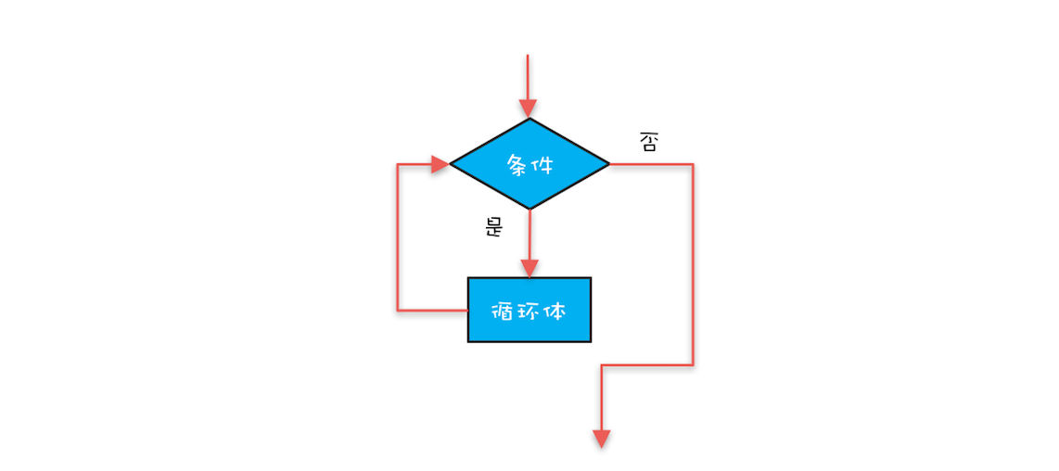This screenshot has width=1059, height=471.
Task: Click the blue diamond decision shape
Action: [x=529, y=164]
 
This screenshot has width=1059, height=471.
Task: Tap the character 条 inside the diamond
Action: [x=517, y=164]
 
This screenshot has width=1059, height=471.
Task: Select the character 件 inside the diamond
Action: [x=542, y=164]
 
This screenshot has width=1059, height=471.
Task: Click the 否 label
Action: [x=647, y=142]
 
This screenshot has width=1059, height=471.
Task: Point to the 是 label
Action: [x=494, y=228]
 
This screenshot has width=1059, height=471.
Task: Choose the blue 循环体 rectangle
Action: [x=529, y=310]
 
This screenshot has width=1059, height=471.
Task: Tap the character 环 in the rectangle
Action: [x=529, y=312]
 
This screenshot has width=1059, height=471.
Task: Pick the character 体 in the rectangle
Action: [x=555, y=312]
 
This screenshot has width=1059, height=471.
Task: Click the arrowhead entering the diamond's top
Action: [x=528, y=108]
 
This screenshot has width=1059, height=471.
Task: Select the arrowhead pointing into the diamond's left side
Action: [x=440, y=164]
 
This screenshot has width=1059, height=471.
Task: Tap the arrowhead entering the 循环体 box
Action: [x=529, y=268]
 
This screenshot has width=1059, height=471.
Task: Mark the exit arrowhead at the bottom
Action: [x=601, y=439]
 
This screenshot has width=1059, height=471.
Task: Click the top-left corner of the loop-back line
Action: [x=398, y=164]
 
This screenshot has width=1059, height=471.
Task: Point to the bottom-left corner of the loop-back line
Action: [x=398, y=311]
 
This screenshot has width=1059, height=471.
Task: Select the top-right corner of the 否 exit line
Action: [x=693, y=164]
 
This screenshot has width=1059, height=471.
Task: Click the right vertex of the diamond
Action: [x=610, y=164]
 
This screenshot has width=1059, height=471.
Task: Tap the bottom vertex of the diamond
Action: [x=529, y=210]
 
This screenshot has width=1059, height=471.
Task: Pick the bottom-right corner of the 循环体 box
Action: [x=591, y=342]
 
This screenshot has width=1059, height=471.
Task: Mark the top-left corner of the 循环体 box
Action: [x=468, y=278]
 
